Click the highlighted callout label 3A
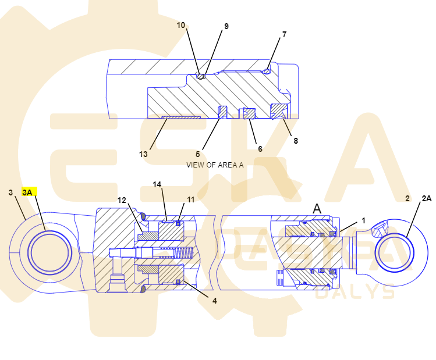(x=27, y=193)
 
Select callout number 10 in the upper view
(x=180, y=25)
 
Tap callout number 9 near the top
(x=226, y=26)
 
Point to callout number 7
(x=284, y=34)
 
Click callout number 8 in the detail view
(x=296, y=141)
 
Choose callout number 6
(x=260, y=149)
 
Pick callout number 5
(x=198, y=154)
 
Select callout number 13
(x=143, y=154)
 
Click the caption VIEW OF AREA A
(x=215, y=165)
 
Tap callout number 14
(x=157, y=184)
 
